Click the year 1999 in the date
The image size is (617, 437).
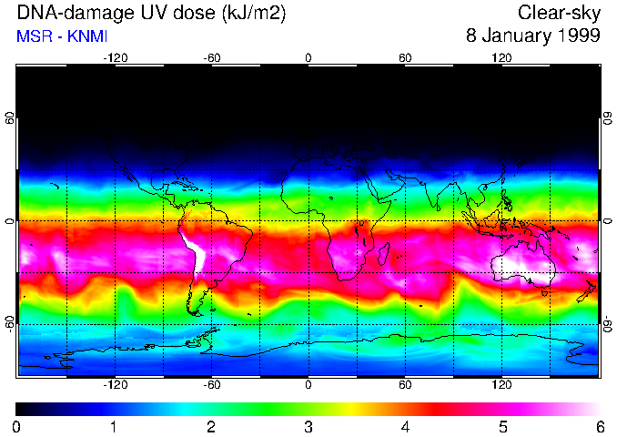click(x=576, y=36)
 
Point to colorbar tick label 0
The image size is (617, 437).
click(x=16, y=426)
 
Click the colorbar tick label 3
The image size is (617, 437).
click(x=308, y=426)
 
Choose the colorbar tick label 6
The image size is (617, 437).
click(x=599, y=426)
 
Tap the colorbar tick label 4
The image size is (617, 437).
click(x=405, y=426)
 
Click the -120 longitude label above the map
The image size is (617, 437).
click(x=115, y=58)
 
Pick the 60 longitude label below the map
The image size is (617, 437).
click(x=405, y=384)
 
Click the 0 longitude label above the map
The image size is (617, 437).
click(x=308, y=58)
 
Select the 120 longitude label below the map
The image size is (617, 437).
click(x=501, y=384)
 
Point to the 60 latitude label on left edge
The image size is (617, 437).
click(x=9, y=119)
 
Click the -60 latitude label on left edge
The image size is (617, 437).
click(x=9, y=322)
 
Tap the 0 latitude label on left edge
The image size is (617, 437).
click(x=9, y=221)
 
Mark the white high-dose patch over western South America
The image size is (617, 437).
click(x=193, y=250)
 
